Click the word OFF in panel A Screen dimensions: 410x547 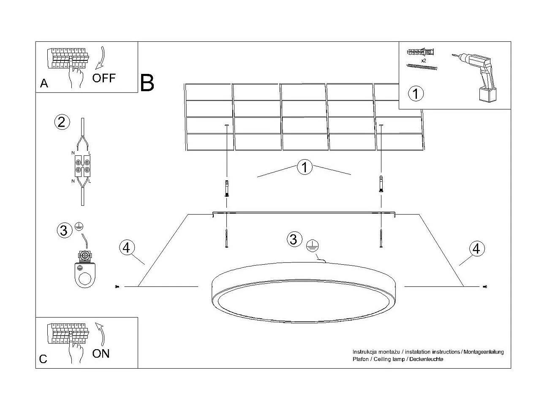click(103, 78)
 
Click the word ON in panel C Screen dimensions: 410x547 click(101, 353)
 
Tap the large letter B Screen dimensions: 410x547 click(147, 83)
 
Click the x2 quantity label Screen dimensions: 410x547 click(423, 60)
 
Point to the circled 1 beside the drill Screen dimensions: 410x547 click(416, 93)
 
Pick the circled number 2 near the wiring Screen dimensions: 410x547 click(61, 122)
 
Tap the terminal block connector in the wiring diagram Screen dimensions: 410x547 click(82, 165)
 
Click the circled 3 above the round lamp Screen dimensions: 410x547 click(293, 239)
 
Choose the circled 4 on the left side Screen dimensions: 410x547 click(126, 248)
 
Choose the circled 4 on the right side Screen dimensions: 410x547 click(476, 248)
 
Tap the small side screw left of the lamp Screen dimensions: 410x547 click(117, 287)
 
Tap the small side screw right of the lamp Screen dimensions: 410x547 click(484, 287)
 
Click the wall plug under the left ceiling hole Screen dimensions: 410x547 click(227, 188)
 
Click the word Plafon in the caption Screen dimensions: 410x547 click(360, 359)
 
